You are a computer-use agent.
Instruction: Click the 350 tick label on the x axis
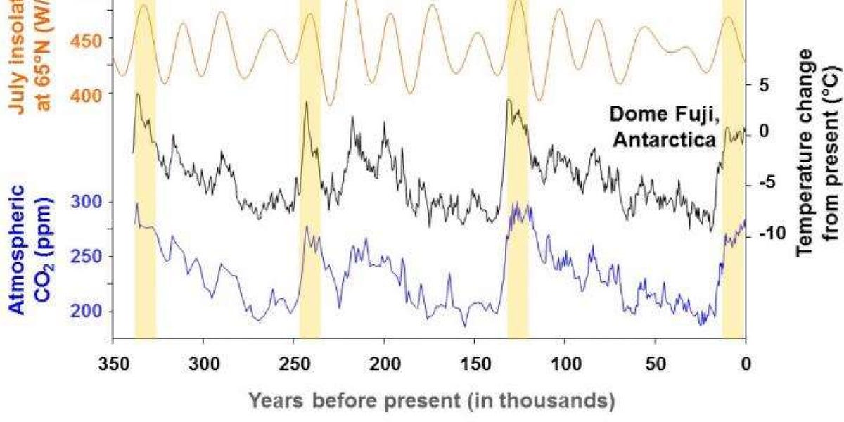113,364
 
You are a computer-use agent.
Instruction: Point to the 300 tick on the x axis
203,364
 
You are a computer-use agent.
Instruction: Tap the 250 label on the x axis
293,364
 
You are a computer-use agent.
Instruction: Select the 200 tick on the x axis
384,364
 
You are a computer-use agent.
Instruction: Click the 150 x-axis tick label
475,364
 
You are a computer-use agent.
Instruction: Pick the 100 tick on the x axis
565,364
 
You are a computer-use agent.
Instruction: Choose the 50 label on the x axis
656,364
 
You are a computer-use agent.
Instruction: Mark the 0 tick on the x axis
746,364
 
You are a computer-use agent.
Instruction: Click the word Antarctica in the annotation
664,139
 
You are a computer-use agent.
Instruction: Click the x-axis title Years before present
433,401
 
